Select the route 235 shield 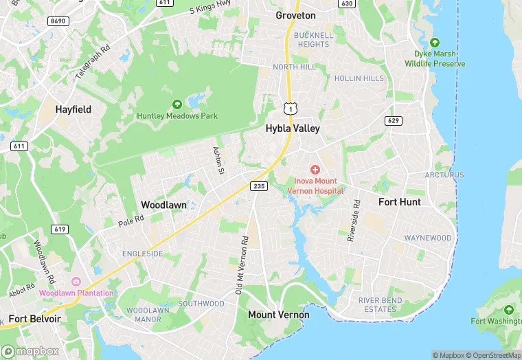259,186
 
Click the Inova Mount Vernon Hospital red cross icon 315,169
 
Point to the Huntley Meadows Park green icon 177,104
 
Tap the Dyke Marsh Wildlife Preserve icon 434,42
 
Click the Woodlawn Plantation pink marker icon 76,282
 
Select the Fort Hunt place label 400,202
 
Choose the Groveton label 295,15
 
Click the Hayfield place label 73,109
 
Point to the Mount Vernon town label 278,315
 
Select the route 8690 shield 58,21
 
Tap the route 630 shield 347,3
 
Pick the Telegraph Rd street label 93,63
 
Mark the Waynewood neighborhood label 428,238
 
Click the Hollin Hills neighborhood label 359,78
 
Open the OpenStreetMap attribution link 493,355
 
